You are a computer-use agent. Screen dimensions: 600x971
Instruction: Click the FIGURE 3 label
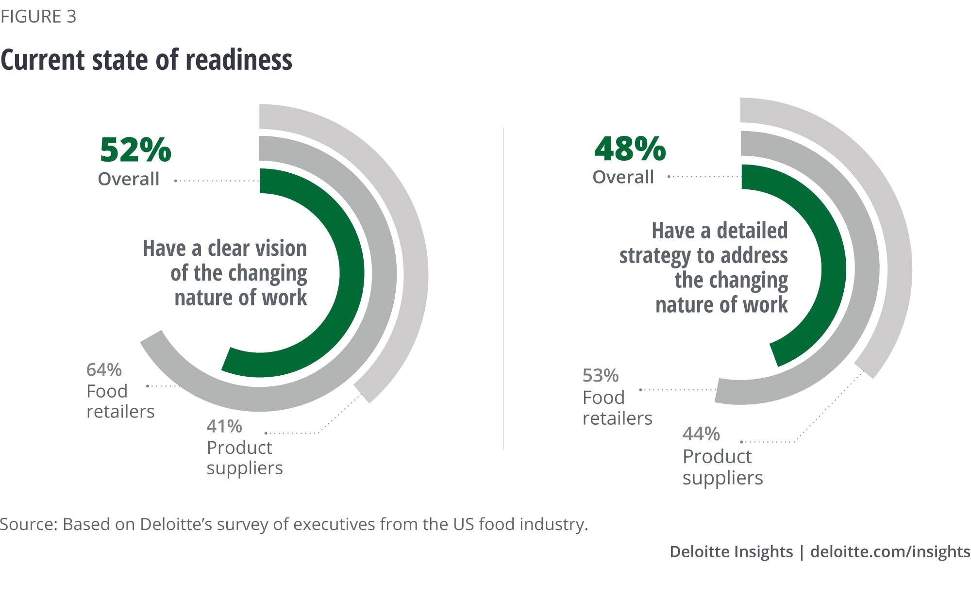(38, 17)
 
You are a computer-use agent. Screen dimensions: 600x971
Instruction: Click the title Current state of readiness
(146, 60)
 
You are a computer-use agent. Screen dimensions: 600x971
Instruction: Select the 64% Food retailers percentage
(104, 370)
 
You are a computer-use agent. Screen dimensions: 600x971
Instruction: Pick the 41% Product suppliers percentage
(224, 426)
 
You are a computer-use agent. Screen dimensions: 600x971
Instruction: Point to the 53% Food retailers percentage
(600, 376)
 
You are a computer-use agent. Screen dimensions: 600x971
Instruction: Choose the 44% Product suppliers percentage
(701, 433)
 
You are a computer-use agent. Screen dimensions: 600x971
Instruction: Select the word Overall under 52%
(129, 179)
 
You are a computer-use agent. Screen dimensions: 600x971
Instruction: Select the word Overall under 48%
(623, 177)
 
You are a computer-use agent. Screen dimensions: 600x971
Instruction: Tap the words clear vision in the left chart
(257, 249)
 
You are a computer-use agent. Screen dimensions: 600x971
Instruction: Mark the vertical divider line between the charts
(503, 291)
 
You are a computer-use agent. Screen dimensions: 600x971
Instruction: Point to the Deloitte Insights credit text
(731, 552)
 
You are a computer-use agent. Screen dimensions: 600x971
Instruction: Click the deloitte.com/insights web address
(890, 552)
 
